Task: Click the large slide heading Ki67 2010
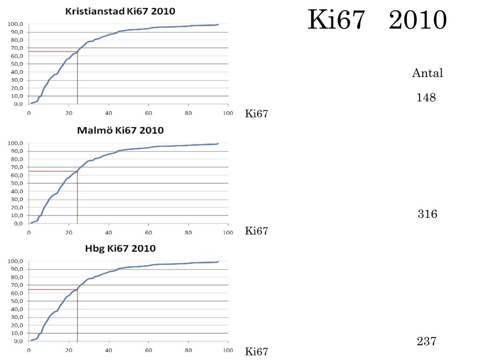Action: point(377,20)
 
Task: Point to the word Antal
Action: point(427,73)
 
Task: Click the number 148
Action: point(426,97)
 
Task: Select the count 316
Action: point(427,214)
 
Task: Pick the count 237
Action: point(427,341)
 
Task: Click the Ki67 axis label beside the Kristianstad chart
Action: point(256,114)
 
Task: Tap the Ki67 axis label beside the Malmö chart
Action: point(256,231)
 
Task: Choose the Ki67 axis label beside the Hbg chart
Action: point(256,352)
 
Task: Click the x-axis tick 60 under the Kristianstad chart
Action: point(149,113)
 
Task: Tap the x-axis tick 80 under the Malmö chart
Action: point(188,232)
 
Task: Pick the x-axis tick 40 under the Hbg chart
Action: point(109,350)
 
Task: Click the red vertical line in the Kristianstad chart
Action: point(77,80)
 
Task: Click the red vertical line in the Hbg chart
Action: point(77,319)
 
